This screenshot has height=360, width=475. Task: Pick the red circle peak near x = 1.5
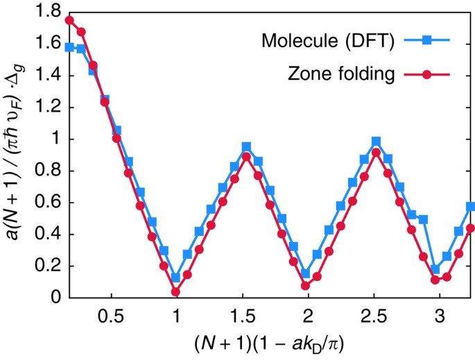[x=245, y=157]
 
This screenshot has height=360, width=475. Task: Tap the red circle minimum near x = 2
[x=305, y=286]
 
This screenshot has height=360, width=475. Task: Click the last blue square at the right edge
[x=470, y=207]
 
